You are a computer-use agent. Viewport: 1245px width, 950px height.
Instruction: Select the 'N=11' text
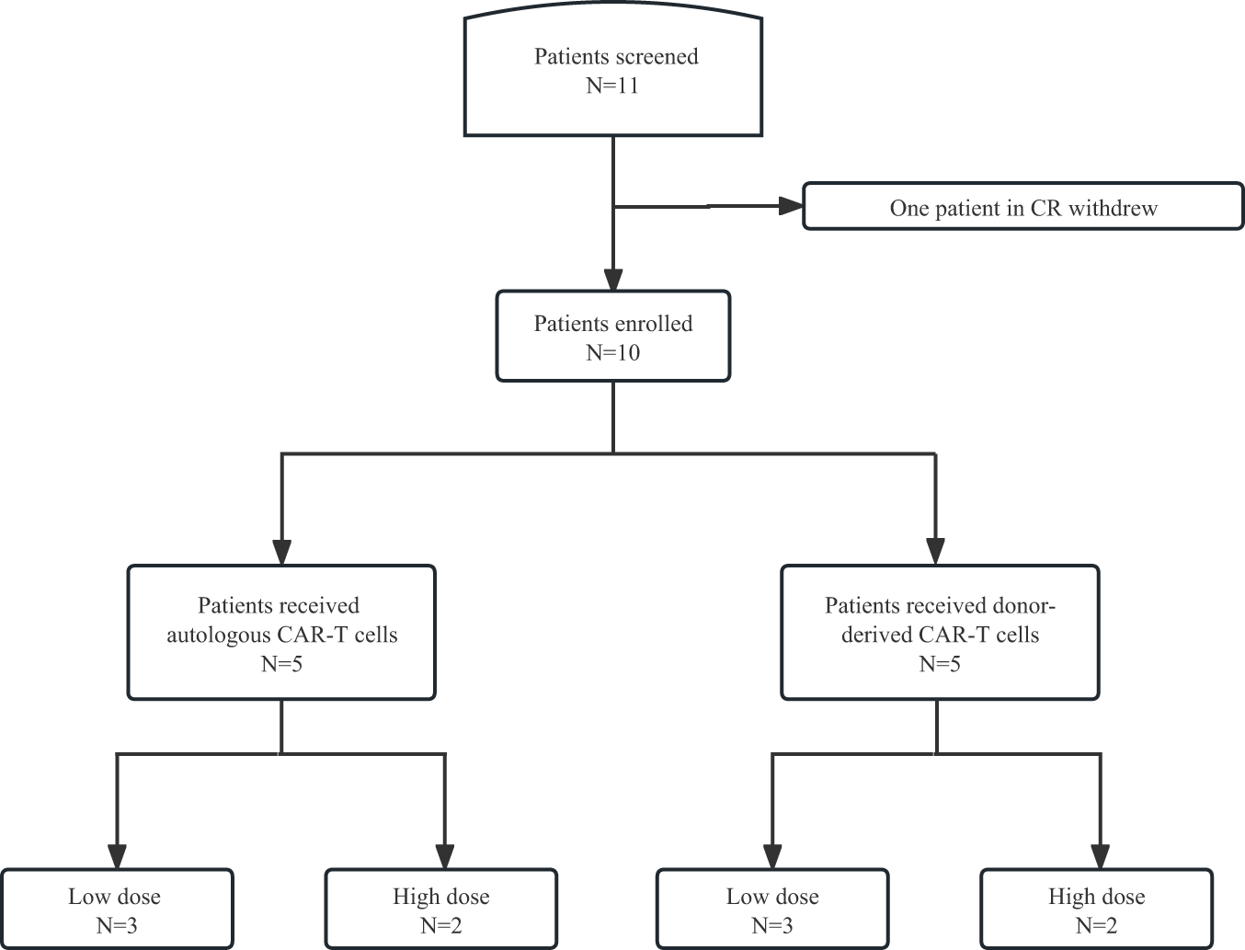coord(613,86)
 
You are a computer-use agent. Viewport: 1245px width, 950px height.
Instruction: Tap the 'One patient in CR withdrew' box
coord(1022,207)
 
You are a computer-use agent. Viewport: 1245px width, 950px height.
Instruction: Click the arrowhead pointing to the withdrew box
coord(791,206)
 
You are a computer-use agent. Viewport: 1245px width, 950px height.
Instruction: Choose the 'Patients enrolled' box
coord(613,337)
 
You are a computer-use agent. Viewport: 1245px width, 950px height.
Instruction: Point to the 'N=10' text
coord(613,352)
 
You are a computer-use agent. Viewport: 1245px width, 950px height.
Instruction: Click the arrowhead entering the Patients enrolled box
coord(613,280)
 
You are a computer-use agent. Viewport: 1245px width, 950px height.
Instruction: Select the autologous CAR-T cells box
coord(281,633)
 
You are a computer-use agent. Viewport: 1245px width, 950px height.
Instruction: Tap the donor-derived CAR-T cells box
coord(940,633)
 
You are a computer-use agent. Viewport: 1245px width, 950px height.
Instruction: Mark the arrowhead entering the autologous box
coord(281,552)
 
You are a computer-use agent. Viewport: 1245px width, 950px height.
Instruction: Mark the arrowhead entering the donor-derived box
coord(936,552)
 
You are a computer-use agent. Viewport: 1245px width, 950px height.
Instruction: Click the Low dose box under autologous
coord(117,909)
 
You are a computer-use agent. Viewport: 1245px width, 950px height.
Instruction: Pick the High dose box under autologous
coord(441,909)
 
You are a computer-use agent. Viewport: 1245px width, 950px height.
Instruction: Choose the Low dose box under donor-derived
coord(772,909)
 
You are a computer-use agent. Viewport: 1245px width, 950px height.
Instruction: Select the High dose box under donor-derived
coord(1096,909)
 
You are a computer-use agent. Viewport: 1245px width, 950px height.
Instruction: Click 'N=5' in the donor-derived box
coord(940,663)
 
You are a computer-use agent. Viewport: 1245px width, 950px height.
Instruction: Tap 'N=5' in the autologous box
coord(281,663)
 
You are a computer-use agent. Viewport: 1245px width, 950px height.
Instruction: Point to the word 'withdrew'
coord(1113,208)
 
